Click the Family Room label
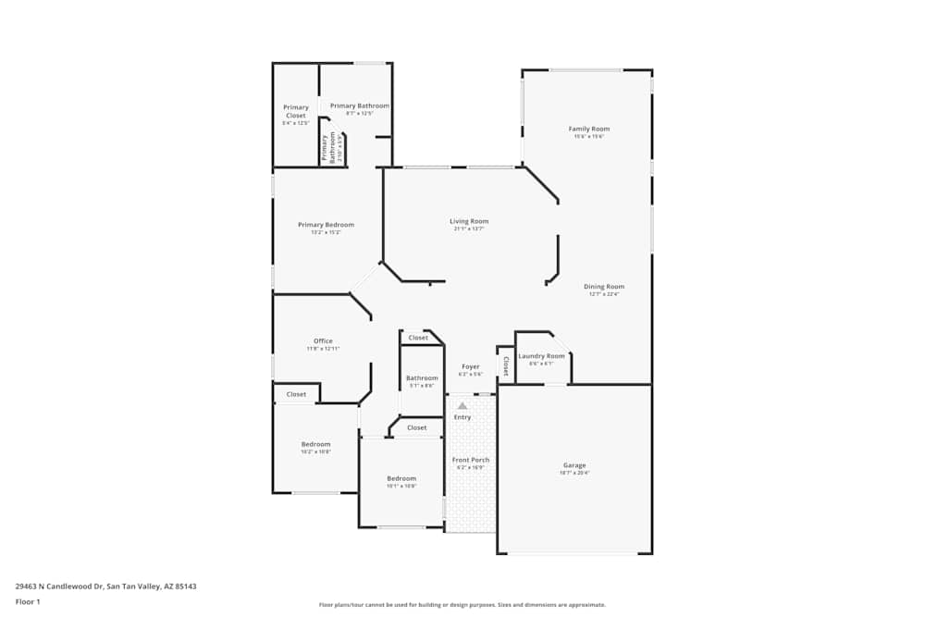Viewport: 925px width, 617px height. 588,129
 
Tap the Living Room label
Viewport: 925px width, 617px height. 469,221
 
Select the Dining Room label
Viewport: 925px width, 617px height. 603,287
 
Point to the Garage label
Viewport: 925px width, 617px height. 574,465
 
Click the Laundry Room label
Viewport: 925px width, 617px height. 541,356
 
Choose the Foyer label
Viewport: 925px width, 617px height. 470,366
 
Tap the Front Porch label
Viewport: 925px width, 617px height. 470,460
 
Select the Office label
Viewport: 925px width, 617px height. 323,340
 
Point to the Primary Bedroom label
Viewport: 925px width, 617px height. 326,225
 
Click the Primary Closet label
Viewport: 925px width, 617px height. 296,111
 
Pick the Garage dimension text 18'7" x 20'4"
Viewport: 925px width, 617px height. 574,473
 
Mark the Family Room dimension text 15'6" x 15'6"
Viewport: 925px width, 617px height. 588,137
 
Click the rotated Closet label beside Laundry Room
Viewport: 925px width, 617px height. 506,366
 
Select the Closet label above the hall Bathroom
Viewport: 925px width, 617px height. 418,338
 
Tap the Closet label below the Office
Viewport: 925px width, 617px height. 296,394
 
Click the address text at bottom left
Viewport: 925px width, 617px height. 105,586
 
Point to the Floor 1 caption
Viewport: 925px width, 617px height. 28,601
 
